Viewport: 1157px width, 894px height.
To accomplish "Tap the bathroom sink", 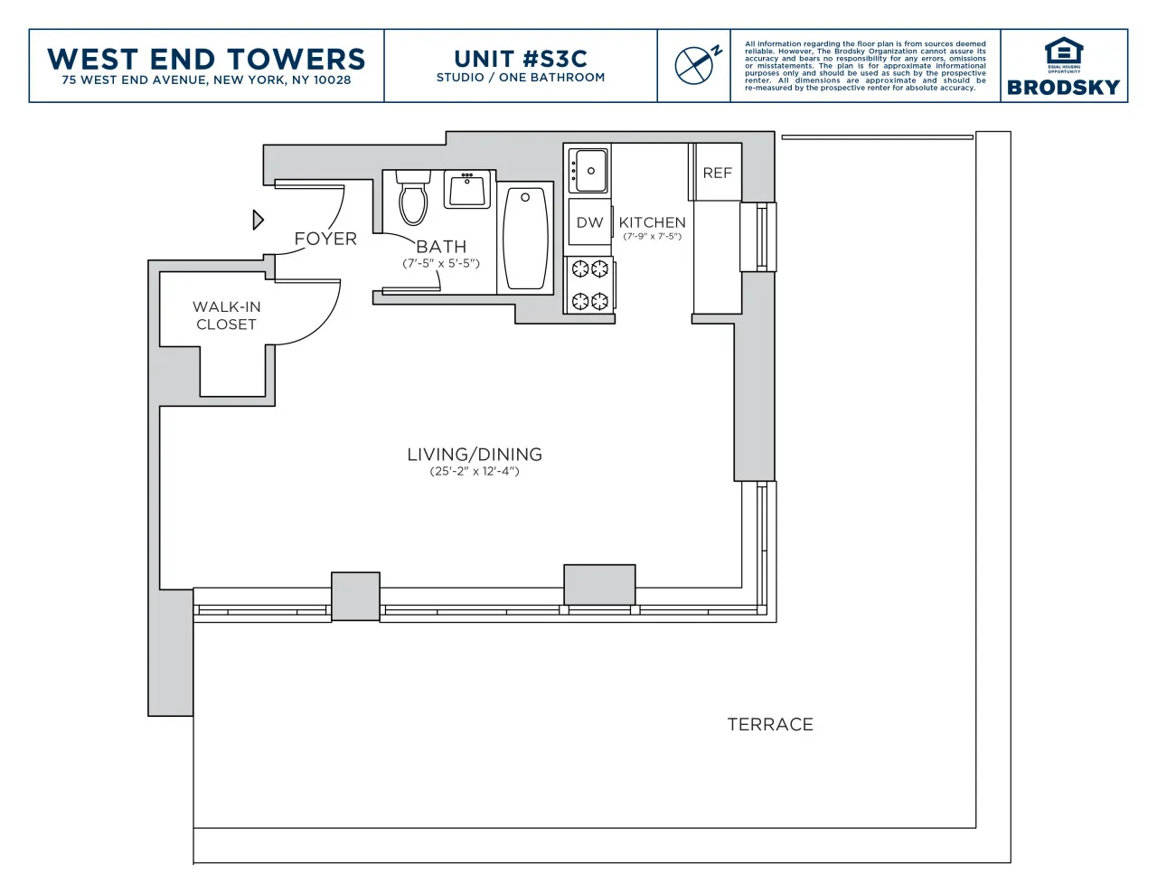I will [x=467, y=190].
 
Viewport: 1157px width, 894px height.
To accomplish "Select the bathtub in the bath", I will [x=525, y=238].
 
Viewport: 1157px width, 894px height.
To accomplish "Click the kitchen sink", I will [x=588, y=171].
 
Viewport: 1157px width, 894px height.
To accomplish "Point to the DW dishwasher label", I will [x=589, y=222].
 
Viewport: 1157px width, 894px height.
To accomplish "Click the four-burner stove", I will [x=589, y=285].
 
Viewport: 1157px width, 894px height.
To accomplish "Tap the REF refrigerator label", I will [x=717, y=173].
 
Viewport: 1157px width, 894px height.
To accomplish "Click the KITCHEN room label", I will [x=652, y=222].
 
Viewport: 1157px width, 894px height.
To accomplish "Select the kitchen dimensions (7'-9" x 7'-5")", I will [x=652, y=237].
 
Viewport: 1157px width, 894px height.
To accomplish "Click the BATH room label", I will [x=441, y=247].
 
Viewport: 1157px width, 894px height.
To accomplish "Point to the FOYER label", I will [x=325, y=239].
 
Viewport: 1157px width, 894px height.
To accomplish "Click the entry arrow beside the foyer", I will [x=258, y=220].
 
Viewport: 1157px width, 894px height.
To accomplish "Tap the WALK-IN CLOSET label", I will [x=226, y=315].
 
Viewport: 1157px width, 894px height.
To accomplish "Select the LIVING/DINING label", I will [x=475, y=455].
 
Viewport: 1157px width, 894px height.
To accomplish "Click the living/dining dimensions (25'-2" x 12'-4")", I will [x=475, y=471].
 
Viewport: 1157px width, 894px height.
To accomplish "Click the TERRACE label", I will [x=770, y=724].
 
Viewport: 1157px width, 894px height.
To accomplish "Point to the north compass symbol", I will [x=696, y=64].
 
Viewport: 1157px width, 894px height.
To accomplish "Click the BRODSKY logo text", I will [x=1063, y=88].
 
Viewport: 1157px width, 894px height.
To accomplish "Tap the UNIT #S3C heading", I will [x=521, y=59].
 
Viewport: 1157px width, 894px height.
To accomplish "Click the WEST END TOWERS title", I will [x=206, y=59].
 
